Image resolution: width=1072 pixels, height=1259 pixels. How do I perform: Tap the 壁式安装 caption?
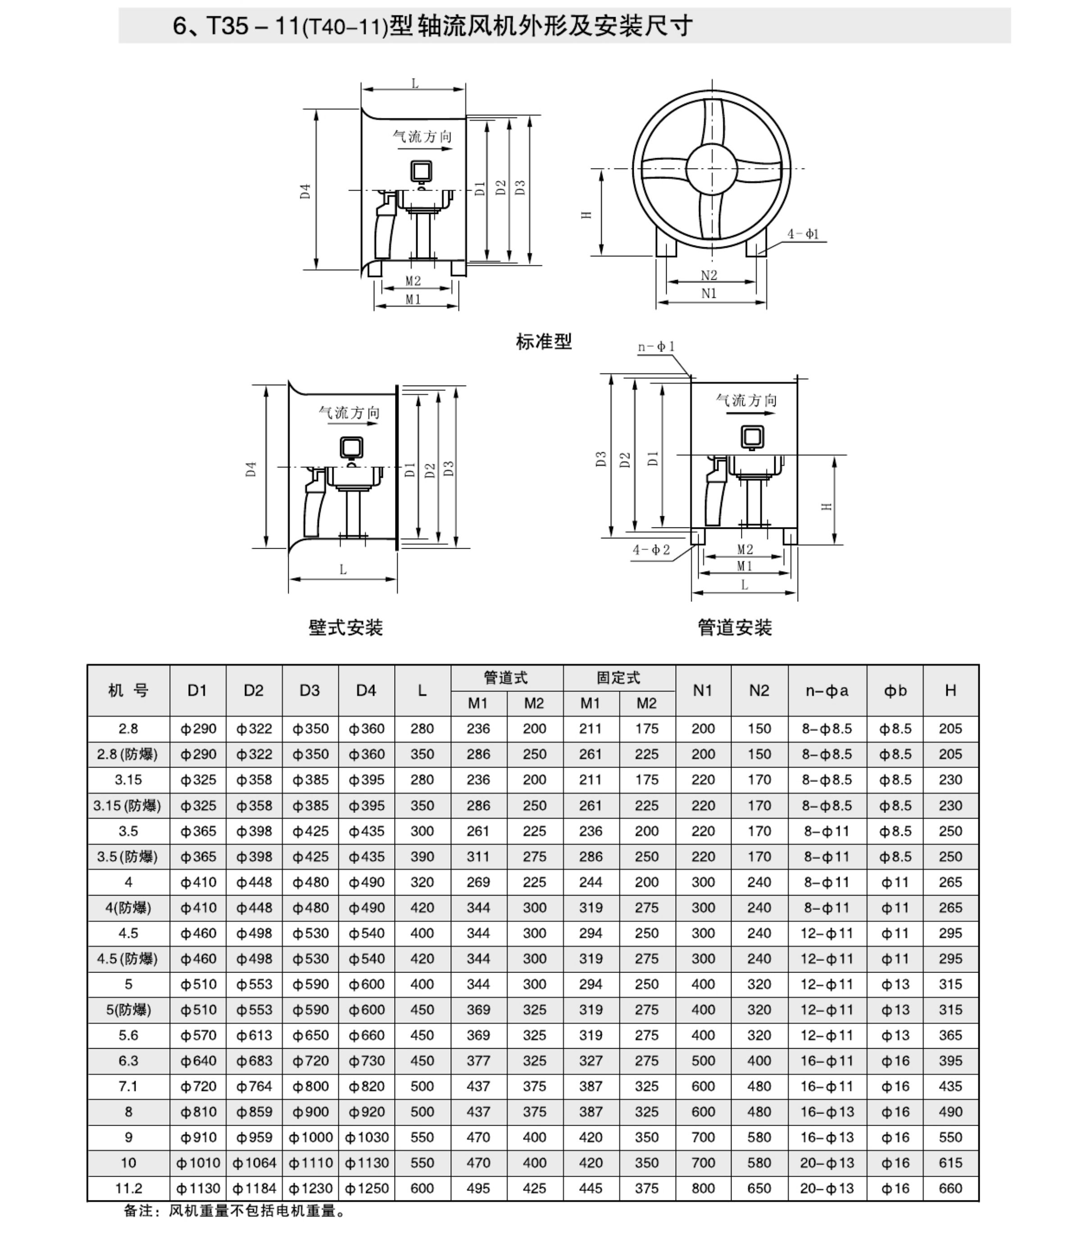(x=345, y=627)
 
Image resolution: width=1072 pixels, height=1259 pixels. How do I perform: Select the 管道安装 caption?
(x=734, y=627)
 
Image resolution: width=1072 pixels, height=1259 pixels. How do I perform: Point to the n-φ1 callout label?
(x=656, y=346)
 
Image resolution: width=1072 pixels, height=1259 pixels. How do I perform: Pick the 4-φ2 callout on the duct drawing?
(x=651, y=550)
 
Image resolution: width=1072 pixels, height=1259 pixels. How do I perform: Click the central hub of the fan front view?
(x=711, y=169)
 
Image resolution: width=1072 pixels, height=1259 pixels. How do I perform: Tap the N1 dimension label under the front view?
(x=709, y=294)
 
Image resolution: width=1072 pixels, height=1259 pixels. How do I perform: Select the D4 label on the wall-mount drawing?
(x=251, y=469)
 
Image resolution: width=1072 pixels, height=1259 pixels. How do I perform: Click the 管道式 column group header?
(x=506, y=677)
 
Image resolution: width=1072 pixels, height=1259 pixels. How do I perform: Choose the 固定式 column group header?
(x=618, y=677)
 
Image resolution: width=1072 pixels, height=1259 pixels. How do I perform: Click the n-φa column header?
(x=827, y=690)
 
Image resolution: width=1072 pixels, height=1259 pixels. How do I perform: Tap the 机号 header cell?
(x=128, y=690)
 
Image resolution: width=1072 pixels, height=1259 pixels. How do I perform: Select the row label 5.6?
(x=128, y=1035)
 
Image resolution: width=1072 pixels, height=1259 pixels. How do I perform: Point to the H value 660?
(x=950, y=1188)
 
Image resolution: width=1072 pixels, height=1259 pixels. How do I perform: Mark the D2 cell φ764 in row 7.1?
(x=254, y=1086)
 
